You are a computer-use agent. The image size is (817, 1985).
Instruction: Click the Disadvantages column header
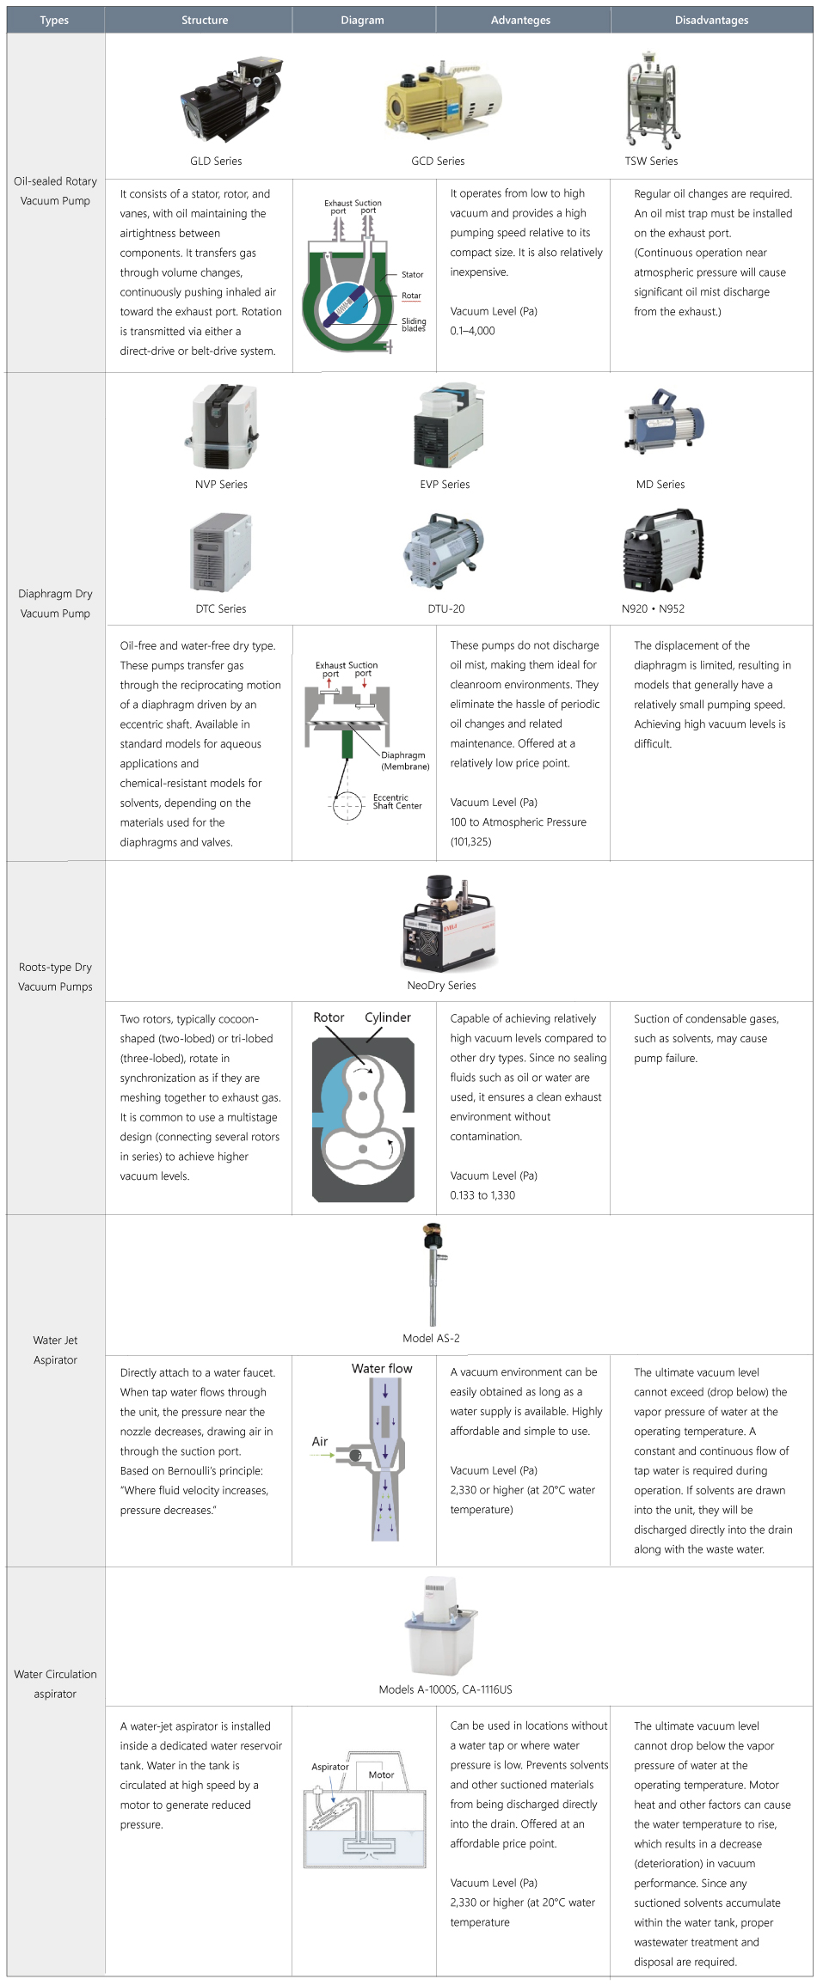(x=711, y=20)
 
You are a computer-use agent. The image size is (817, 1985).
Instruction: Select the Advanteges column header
(x=520, y=20)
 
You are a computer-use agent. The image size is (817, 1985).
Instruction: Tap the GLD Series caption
(x=216, y=161)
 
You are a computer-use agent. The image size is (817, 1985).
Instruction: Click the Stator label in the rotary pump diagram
(x=412, y=275)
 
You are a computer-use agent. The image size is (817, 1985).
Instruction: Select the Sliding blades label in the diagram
(x=414, y=325)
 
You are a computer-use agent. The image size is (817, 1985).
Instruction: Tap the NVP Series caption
(x=221, y=485)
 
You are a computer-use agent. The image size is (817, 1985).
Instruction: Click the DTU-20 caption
(x=445, y=609)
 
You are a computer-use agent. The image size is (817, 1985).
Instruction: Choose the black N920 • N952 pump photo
(x=662, y=552)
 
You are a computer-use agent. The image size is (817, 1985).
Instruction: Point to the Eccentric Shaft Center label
(x=397, y=802)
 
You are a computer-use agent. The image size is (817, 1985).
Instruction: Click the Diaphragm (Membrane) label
(x=404, y=760)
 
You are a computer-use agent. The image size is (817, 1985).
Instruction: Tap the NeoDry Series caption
(x=441, y=986)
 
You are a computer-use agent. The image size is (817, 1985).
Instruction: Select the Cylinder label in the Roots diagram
(x=388, y=1017)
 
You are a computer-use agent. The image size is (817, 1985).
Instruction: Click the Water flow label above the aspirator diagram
(x=382, y=1369)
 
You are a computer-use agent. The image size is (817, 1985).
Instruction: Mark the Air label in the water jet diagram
(x=320, y=1442)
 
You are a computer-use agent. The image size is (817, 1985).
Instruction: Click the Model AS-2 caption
(x=431, y=1339)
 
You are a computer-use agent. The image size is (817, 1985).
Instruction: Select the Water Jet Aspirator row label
(x=55, y=1350)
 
